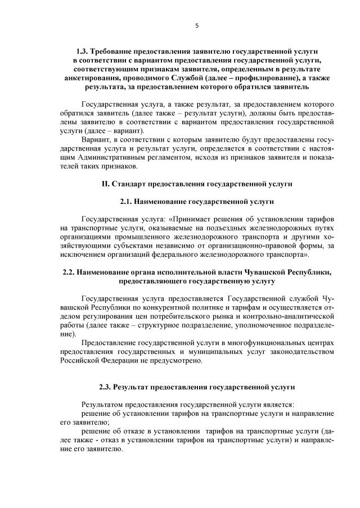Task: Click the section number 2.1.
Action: tap(127, 201)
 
